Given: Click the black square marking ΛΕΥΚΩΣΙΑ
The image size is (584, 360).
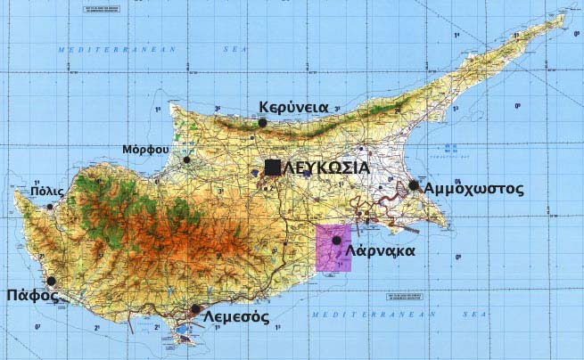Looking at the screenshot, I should click(x=272, y=167).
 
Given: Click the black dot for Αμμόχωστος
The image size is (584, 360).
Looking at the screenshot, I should click(x=414, y=185).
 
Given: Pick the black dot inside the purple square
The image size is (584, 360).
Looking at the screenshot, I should click(x=336, y=241).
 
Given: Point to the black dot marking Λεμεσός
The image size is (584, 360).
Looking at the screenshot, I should click(x=195, y=308).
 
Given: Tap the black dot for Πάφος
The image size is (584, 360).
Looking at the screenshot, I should click(x=52, y=281).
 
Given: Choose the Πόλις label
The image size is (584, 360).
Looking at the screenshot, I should click(x=46, y=191).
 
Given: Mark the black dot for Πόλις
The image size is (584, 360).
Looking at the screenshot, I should click(x=50, y=207).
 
